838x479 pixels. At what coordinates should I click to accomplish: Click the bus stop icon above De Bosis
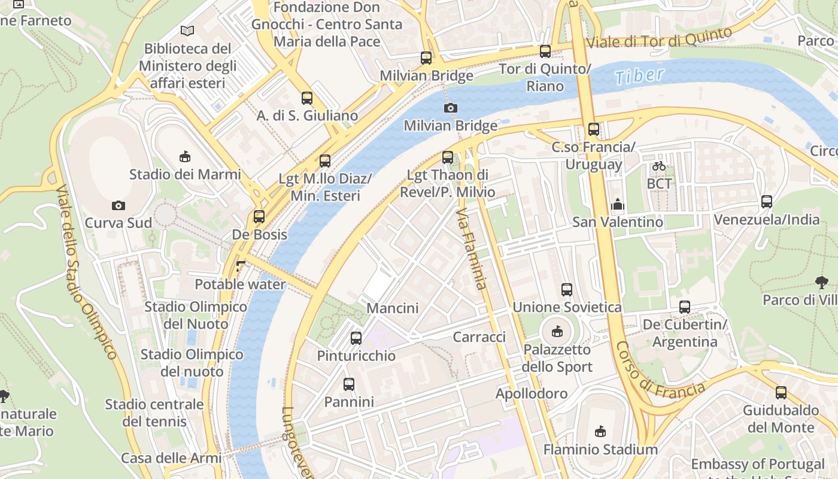[259, 217]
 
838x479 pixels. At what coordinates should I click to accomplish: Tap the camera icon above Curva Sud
[119, 205]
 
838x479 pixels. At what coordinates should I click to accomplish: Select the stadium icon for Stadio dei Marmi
[185, 157]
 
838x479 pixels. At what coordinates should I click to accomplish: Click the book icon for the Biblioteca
[187, 31]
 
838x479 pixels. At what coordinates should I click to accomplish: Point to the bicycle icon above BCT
[659, 166]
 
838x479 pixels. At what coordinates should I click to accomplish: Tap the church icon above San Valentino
[618, 205]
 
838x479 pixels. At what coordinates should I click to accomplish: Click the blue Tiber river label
[639, 75]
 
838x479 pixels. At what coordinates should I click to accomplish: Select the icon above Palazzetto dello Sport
[557, 331]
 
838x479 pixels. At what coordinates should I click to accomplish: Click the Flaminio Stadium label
[600, 449]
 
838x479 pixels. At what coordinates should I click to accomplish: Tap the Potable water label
[241, 284]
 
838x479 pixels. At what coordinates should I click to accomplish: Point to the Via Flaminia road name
[472, 248]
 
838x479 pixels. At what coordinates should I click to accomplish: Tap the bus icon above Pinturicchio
[356, 338]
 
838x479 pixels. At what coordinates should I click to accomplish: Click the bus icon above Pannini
[349, 384]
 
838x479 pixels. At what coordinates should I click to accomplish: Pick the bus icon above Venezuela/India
[767, 202]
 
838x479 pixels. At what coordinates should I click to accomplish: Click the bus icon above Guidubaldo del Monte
[781, 393]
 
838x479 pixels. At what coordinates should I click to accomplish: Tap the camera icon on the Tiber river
[450, 108]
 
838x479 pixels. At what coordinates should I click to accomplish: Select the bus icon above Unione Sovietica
[567, 290]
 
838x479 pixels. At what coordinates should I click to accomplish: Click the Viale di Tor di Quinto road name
[659, 38]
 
